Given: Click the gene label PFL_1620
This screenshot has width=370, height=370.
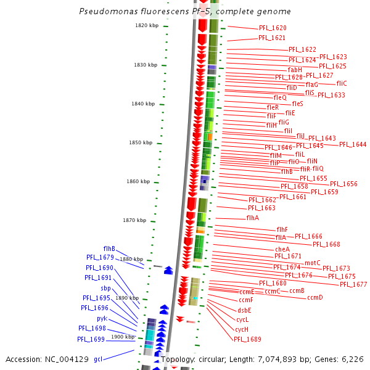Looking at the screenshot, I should pyautogui.click(x=272, y=28).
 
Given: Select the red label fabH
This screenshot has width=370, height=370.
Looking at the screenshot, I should pyautogui.click(x=295, y=70).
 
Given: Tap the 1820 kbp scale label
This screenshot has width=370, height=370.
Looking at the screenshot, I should pyautogui.click(x=147, y=25).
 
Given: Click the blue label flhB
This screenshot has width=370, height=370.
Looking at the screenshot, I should pyautogui.click(x=109, y=249).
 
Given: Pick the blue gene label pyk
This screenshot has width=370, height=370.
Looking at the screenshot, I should pyautogui.click(x=102, y=319).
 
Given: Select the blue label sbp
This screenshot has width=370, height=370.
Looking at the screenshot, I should pyautogui.click(x=105, y=288).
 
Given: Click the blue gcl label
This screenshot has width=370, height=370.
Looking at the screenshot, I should pyautogui.click(x=98, y=359).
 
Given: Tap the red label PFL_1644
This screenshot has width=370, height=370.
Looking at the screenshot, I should pyautogui.click(x=353, y=144).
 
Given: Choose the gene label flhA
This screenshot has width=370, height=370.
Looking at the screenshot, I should pyautogui.click(x=253, y=218).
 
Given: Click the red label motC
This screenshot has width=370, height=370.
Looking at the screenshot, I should pyautogui.click(x=313, y=263).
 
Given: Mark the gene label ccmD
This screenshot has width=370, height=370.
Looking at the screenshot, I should pyautogui.click(x=315, y=298).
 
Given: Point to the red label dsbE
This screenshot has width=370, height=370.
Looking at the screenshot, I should pyautogui.click(x=245, y=310).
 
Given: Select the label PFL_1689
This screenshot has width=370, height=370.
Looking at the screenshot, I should pyautogui.click(x=247, y=339).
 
